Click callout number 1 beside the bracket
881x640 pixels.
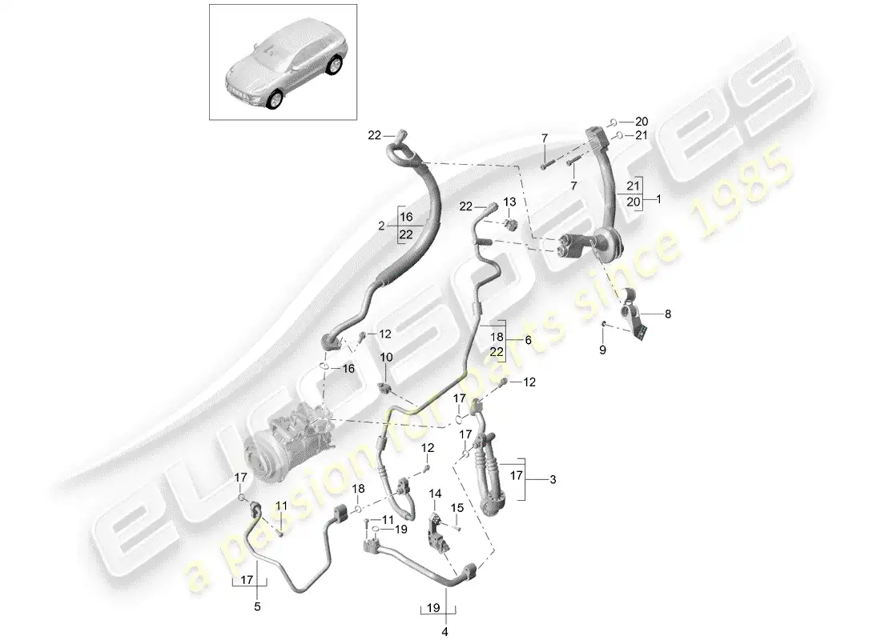pos(658,197)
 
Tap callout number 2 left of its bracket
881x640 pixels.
pos(382,226)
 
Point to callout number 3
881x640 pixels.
pos(552,480)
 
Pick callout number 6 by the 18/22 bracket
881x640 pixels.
pos(527,339)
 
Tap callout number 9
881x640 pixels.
pos(603,350)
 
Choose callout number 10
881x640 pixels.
pos(385,356)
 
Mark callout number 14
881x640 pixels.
pos(436,494)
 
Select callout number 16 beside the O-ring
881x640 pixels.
pos(348,368)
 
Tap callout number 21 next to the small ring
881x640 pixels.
pos(641,137)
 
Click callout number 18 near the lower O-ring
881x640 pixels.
pos(359,489)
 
